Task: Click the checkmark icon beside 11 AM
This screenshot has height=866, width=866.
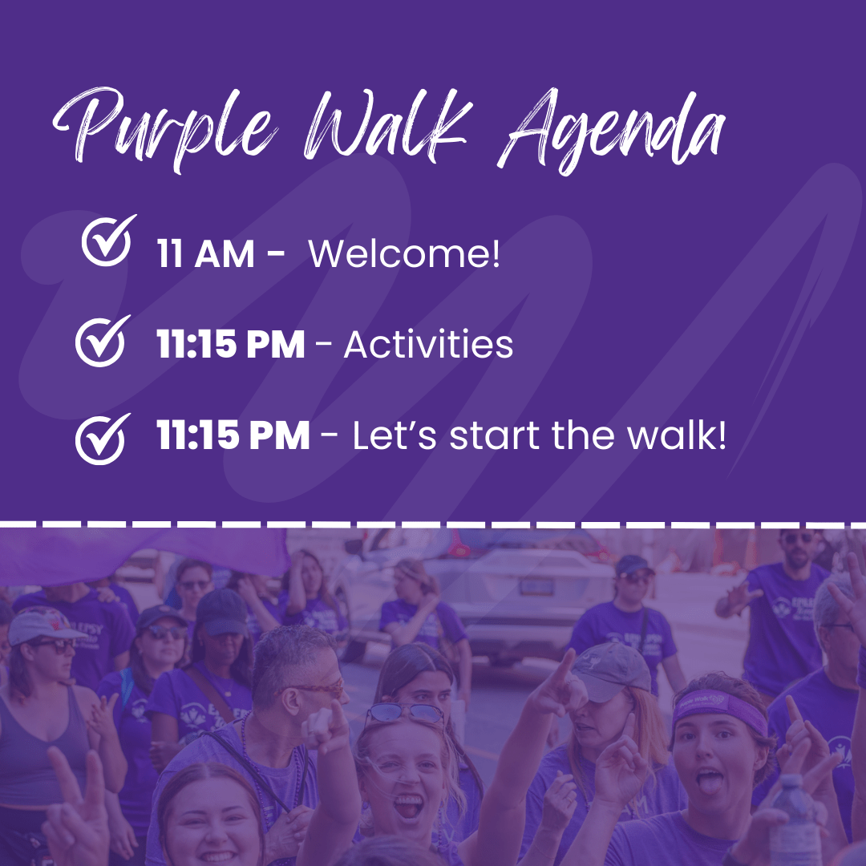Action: point(108,241)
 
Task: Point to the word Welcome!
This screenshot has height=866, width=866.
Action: point(404,255)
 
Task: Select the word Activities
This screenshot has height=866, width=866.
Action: point(428,346)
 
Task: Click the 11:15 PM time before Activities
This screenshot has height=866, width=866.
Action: point(230,346)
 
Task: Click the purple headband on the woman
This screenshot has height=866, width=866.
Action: point(720,705)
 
